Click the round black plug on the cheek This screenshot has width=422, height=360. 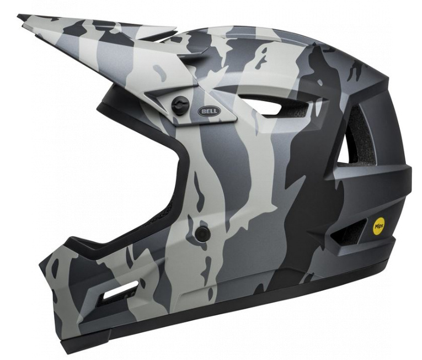202,233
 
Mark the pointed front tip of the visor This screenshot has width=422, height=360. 18,16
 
